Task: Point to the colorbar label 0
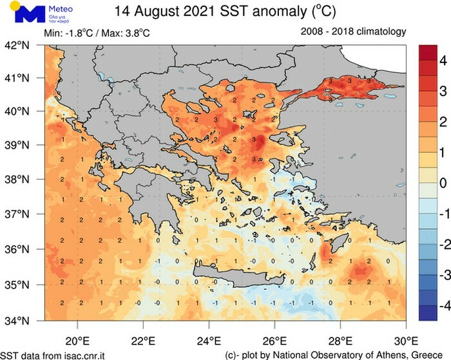(x=443, y=184)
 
